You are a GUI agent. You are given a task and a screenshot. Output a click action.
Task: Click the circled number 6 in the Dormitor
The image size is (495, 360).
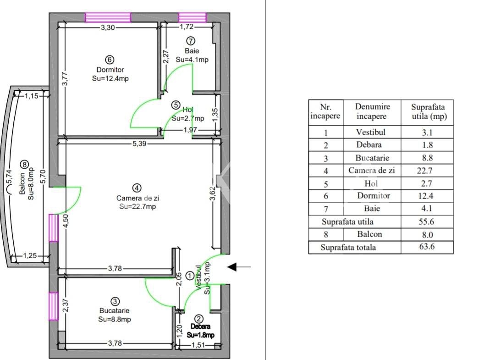pyautogui.click(x=110, y=60)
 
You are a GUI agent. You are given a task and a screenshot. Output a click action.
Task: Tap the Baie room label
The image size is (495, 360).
pyautogui.click(x=192, y=51)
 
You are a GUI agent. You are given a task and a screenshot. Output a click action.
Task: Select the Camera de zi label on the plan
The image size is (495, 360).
pyautogui.click(x=137, y=198)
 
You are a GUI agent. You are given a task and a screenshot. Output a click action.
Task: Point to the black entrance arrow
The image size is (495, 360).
pyautogui.click(x=239, y=267)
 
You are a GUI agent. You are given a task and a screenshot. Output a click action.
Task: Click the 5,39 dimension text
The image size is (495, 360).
pyautogui.click(x=139, y=144)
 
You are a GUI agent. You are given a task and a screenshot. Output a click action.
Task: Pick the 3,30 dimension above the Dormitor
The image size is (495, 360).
pyautogui.click(x=108, y=28)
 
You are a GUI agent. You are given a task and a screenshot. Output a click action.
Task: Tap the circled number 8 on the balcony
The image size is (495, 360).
pyautogui.click(x=24, y=164)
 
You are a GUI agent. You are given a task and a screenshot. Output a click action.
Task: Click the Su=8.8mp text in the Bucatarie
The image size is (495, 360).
pyautogui.click(x=115, y=319)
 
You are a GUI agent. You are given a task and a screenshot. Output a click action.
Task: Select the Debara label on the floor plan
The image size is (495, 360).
pyautogui.click(x=200, y=327)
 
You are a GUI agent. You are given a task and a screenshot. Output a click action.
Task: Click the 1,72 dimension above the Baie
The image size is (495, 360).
pyautogui.click(x=187, y=27)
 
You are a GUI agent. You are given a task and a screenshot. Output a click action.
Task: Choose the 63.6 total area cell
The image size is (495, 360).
pyautogui.click(x=427, y=246)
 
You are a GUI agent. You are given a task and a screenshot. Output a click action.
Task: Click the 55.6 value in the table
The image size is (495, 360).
pyautogui.click(x=427, y=222)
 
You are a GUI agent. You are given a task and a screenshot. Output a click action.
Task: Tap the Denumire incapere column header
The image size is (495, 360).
pyautogui.click(x=372, y=111)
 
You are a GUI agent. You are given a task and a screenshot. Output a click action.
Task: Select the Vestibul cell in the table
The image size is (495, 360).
pyautogui.click(x=371, y=132)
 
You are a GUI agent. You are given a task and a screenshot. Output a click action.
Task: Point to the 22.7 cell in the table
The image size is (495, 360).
pyautogui.click(x=424, y=171)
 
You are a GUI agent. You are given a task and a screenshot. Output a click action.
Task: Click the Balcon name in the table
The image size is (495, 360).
pyautogui.click(x=370, y=234)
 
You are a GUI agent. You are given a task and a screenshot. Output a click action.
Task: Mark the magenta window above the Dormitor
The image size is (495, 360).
pyautogui.click(x=108, y=17)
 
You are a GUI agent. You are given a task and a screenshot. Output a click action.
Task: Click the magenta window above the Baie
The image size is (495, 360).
pyautogui.click(x=192, y=17)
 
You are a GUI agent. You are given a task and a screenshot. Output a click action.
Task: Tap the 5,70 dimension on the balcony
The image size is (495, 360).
pyautogui.click(x=43, y=176)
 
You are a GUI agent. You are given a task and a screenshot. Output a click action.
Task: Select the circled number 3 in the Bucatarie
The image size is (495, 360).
pyautogui.click(x=115, y=302)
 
